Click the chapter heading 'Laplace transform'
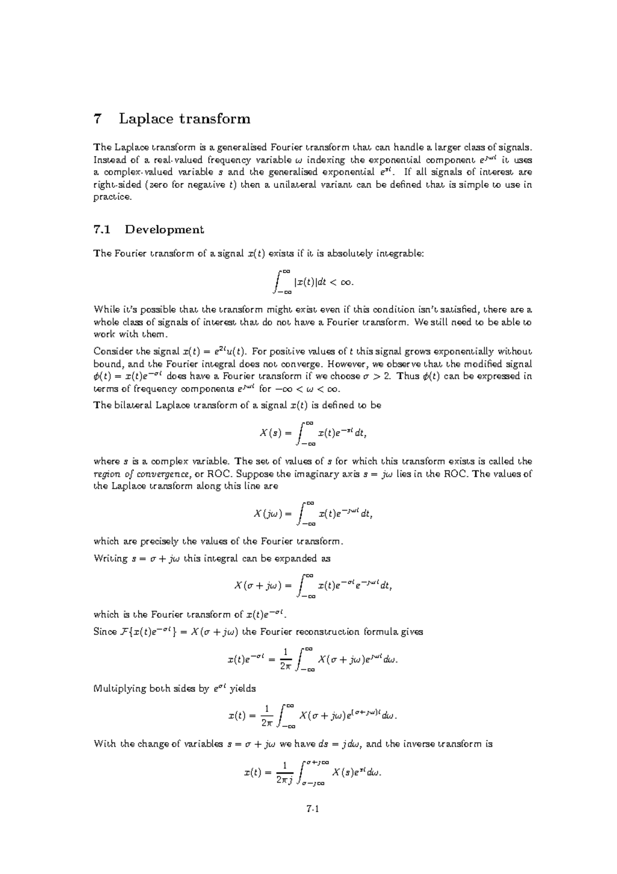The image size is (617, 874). pos(185,119)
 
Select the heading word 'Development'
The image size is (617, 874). pos(165,230)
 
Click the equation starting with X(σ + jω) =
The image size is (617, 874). pos(313,586)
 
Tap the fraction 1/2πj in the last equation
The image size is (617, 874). pos(284,773)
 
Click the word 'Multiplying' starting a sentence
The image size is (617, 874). pos(119,689)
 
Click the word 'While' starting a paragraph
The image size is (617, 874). pos(104,310)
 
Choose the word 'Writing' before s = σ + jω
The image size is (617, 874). pos(110,558)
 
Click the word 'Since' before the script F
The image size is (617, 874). pos(105,632)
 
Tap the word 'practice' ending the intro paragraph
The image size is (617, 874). pos(112,198)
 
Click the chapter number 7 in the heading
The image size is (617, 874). pos(98,119)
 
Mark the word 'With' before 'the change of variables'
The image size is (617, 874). pos(104,744)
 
